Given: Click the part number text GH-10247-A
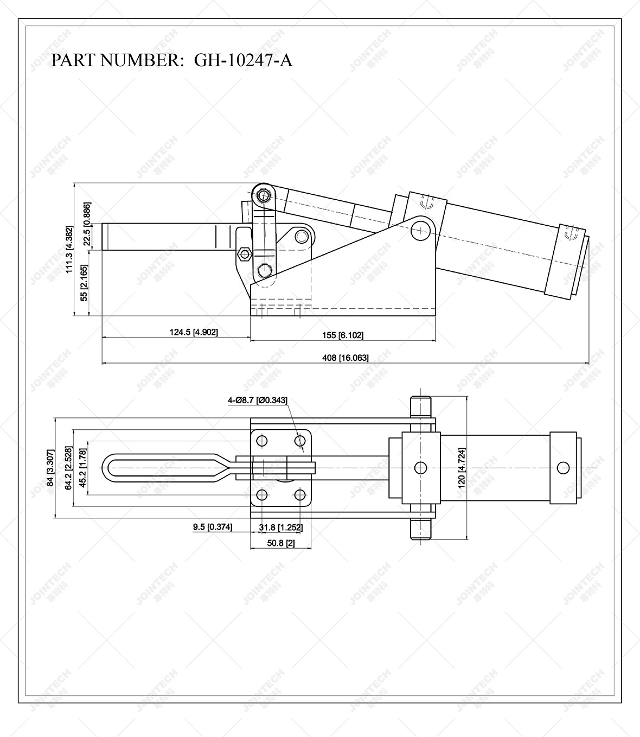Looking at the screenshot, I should [x=243, y=60].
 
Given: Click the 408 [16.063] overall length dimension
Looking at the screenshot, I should [x=345, y=358].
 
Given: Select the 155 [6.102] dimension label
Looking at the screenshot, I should [x=342, y=335].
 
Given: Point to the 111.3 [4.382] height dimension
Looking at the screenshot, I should [x=69, y=250].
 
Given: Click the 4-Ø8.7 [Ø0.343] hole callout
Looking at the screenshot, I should [x=258, y=401].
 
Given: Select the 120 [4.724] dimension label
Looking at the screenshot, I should [x=462, y=467].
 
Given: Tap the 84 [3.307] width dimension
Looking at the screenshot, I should [x=50, y=468].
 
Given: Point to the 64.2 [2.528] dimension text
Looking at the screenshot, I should [x=68, y=468].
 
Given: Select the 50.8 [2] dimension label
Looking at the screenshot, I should [x=280, y=543].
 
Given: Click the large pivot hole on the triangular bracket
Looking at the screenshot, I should [x=420, y=230].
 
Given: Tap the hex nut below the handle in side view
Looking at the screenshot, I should [x=244, y=253].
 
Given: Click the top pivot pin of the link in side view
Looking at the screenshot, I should [x=264, y=195].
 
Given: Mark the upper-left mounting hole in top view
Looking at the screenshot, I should [x=262, y=441].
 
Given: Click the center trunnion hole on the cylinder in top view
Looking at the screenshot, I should [x=420, y=467].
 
